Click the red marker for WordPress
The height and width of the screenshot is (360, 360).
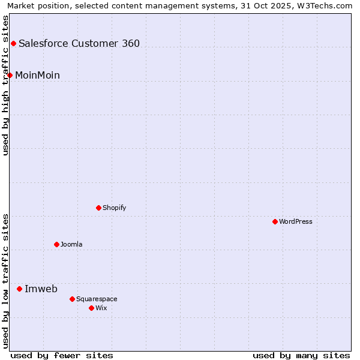click(x=275, y=221)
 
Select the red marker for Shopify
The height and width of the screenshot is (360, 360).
click(x=98, y=208)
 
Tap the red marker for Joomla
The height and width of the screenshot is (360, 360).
click(x=56, y=244)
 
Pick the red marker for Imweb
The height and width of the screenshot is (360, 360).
click(x=19, y=289)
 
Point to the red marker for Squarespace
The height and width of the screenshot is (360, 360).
click(x=72, y=299)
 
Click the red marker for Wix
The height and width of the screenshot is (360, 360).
click(x=91, y=308)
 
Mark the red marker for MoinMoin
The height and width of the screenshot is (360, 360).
click(x=10, y=75)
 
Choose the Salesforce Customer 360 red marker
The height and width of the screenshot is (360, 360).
click(x=13, y=43)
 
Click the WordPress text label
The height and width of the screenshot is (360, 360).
click(x=296, y=221)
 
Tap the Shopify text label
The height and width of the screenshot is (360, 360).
click(x=114, y=208)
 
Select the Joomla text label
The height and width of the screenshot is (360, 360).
click(x=71, y=244)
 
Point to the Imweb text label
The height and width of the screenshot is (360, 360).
click(x=41, y=289)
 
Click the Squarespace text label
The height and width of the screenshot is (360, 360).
click(x=97, y=299)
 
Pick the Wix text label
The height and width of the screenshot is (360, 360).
click(x=101, y=308)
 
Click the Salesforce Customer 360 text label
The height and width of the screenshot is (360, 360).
click(x=79, y=43)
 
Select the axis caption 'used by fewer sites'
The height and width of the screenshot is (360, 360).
click(x=62, y=355)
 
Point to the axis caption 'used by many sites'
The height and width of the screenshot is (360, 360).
click(x=301, y=355)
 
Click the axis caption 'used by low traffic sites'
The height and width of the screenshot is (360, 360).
click(x=5, y=281)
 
